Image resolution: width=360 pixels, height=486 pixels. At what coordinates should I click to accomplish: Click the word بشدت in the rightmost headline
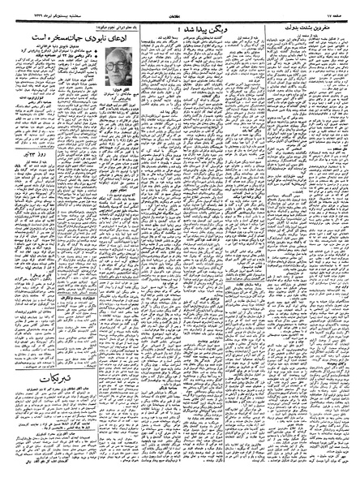(309, 27)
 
